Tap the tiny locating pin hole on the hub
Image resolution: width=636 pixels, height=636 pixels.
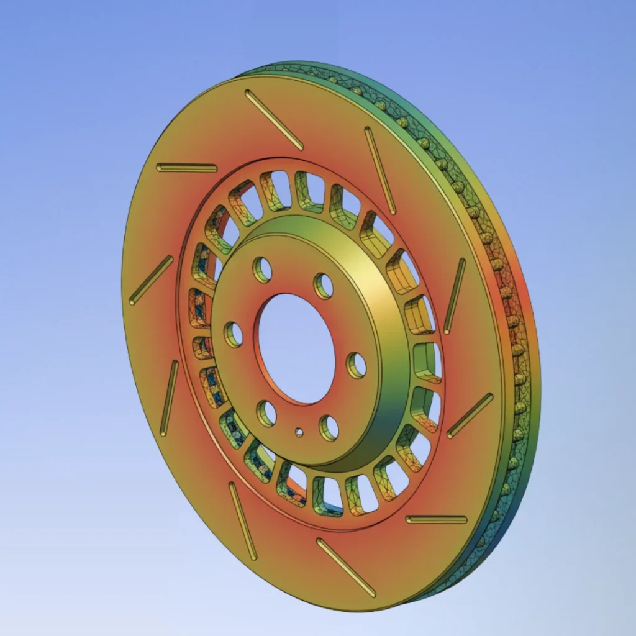[299, 432]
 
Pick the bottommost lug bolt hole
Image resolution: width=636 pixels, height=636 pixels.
[329, 428]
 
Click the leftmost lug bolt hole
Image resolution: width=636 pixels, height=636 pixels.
[234, 334]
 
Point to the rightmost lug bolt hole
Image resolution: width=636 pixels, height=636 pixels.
[356, 365]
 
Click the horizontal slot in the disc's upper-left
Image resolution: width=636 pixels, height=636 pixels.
[186, 168]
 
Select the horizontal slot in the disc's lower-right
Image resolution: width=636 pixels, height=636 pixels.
[436, 519]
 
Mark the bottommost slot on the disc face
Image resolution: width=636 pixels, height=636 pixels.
[346, 567]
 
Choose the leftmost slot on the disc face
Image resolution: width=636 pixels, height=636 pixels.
[151, 280]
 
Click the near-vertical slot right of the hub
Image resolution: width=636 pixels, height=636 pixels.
[454, 296]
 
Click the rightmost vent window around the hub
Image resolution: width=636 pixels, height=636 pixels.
[428, 362]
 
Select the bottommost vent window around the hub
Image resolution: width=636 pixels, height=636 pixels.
[327, 495]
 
